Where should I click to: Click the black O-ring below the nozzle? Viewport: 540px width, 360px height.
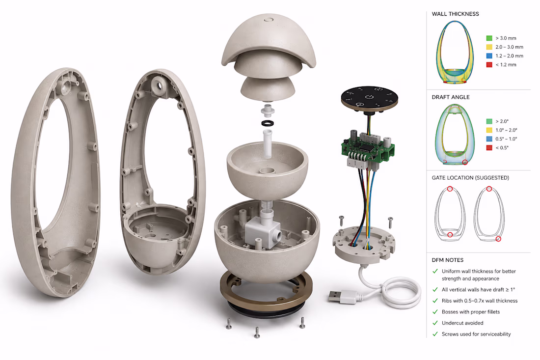tap(268, 123)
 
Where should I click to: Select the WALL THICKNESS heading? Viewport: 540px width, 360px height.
tap(455, 14)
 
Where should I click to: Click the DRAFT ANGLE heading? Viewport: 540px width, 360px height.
tap(451, 97)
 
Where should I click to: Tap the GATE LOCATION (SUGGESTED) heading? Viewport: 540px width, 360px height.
tap(470, 178)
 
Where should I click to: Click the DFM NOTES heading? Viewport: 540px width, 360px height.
tap(447, 260)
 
